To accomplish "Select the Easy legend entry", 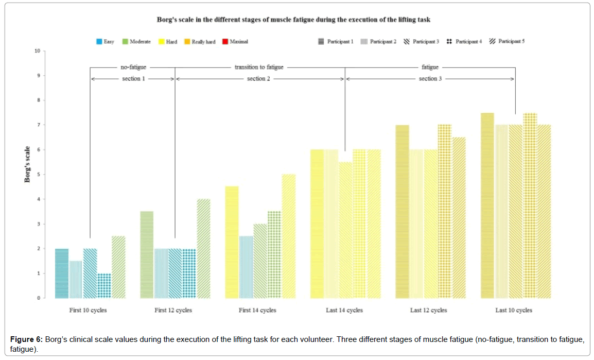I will [x=105, y=42].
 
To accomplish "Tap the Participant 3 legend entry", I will [x=421, y=42].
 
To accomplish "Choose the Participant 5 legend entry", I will [x=506, y=42].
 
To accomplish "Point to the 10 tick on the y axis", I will [x=37, y=51].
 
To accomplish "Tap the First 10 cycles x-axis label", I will [x=88, y=311].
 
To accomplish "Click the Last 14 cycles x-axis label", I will [x=344, y=311].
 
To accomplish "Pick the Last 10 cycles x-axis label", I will [x=514, y=311].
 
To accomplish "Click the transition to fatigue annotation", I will [x=259, y=67].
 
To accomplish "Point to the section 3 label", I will [x=430, y=79].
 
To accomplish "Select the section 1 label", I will [x=133, y=79].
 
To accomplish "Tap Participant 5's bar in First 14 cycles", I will [x=289, y=236].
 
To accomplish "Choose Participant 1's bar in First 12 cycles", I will [x=147, y=255].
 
